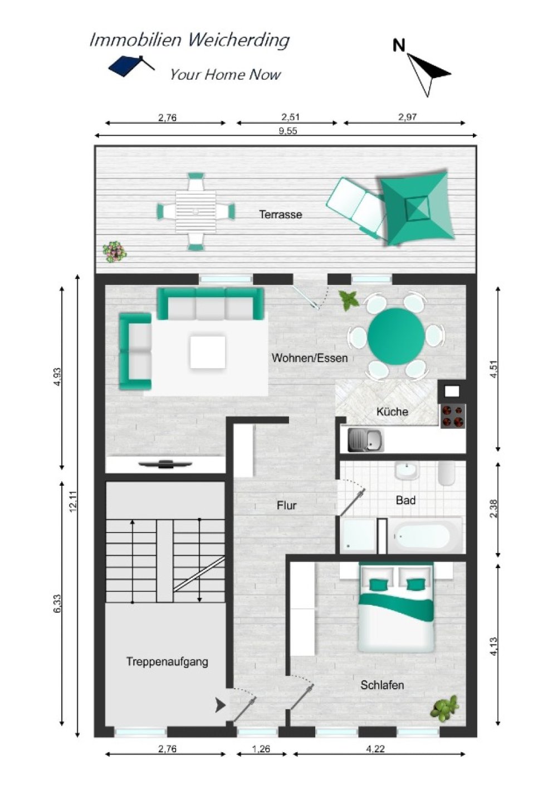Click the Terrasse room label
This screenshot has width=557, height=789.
[x=280, y=214]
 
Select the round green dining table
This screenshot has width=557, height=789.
[x=396, y=336]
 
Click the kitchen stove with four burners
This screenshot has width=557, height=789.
[x=453, y=416]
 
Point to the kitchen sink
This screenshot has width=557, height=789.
[x=365, y=441]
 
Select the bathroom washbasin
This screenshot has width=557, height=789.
[x=407, y=471]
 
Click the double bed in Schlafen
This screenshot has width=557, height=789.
[x=396, y=608]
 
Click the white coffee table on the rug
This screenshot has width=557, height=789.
[x=208, y=352]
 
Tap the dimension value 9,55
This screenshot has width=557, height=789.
[x=288, y=131]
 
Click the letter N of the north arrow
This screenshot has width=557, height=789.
[x=399, y=45]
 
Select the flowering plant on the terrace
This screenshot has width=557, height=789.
[x=114, y=251]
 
